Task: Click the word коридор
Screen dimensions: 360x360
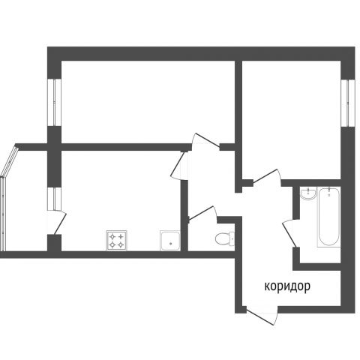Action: tap(287, 286)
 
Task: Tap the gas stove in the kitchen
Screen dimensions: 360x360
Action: tap(116, 240)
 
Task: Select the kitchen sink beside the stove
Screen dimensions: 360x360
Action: tap(170, 241)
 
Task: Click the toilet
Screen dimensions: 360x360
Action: tap(225, 238)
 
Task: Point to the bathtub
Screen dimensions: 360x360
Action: tap(328, 217)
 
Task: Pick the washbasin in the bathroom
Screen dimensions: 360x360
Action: tap(308, 193)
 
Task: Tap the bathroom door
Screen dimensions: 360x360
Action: tap(290, 233)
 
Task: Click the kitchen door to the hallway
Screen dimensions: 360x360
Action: tap(179, 165)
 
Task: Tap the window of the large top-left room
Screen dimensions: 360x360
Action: tap(54, 103)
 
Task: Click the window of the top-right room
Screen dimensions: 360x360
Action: tap(348, 103)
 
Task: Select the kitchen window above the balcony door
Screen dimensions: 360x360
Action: tap(54, 199)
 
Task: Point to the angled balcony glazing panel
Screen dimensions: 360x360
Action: tap(10, 160)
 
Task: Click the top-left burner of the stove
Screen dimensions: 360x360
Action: tap(112, 236)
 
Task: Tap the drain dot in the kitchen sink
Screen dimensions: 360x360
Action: tap(170, 243)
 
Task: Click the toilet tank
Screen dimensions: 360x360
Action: tap(232, 238)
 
